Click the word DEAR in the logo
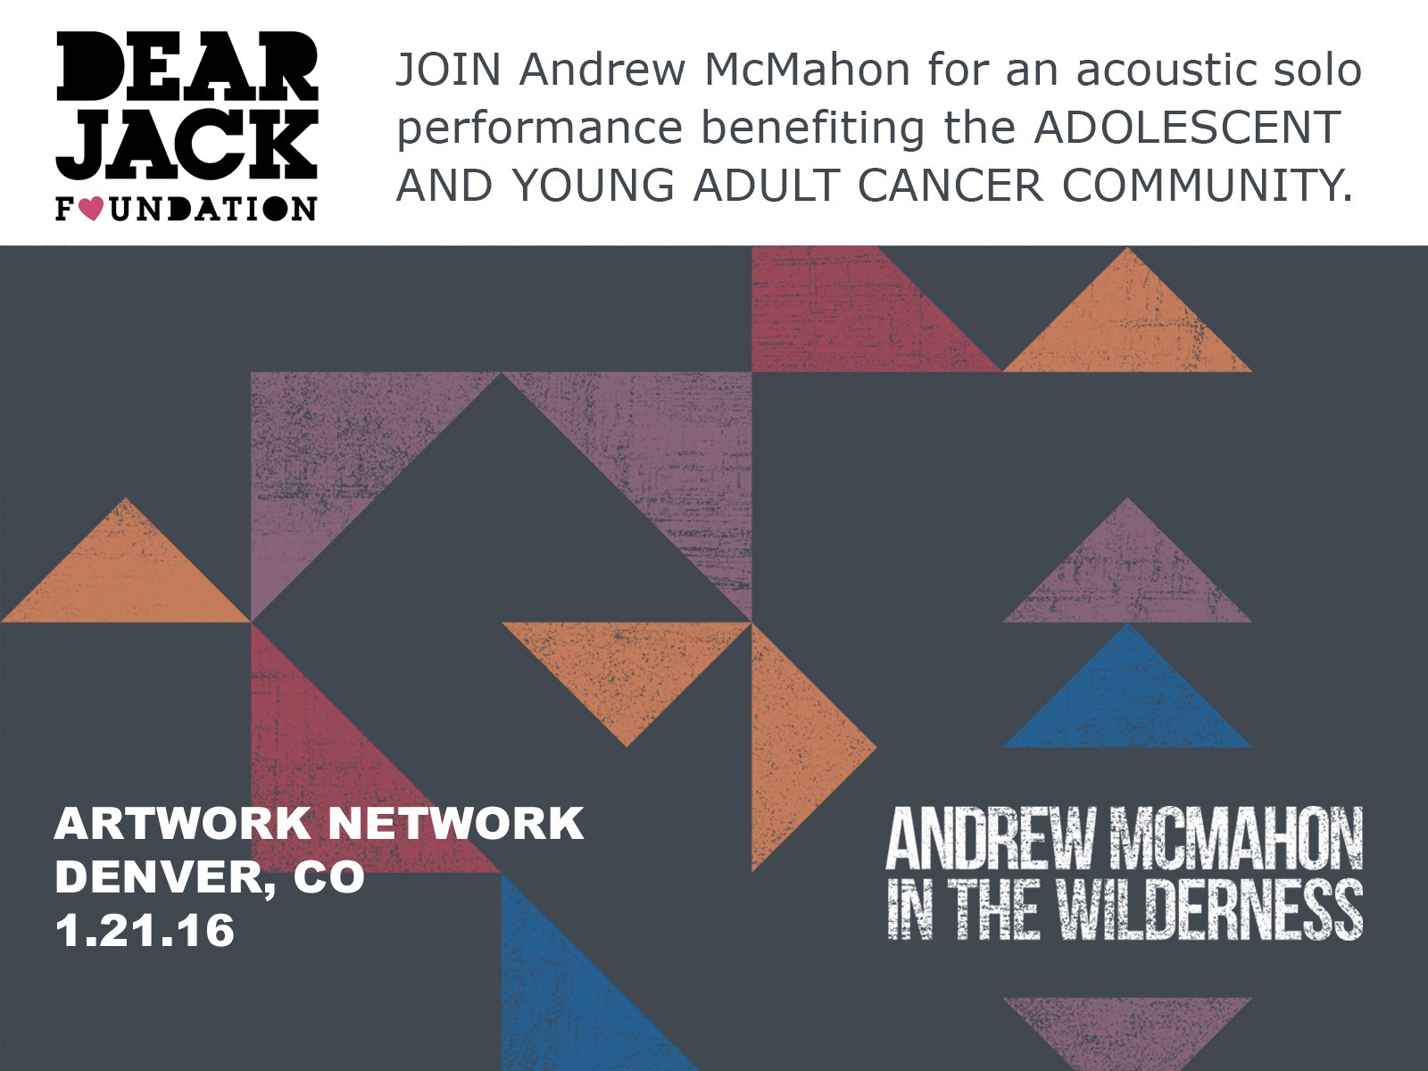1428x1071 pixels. [x=187, y=67]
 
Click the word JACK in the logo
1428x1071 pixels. [x=187, y=145]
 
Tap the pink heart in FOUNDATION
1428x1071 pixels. [x=91, y=209]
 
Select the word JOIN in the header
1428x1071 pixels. [x=448, y=71]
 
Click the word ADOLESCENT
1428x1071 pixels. [x=1187, y=128]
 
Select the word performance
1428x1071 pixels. [x=539, y=129]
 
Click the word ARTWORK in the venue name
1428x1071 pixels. [x=183, y=824]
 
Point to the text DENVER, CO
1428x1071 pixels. [x=210, y=878]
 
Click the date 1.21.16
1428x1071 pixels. [x=145, y=931]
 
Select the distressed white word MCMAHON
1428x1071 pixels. [x=1236, y=837]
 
